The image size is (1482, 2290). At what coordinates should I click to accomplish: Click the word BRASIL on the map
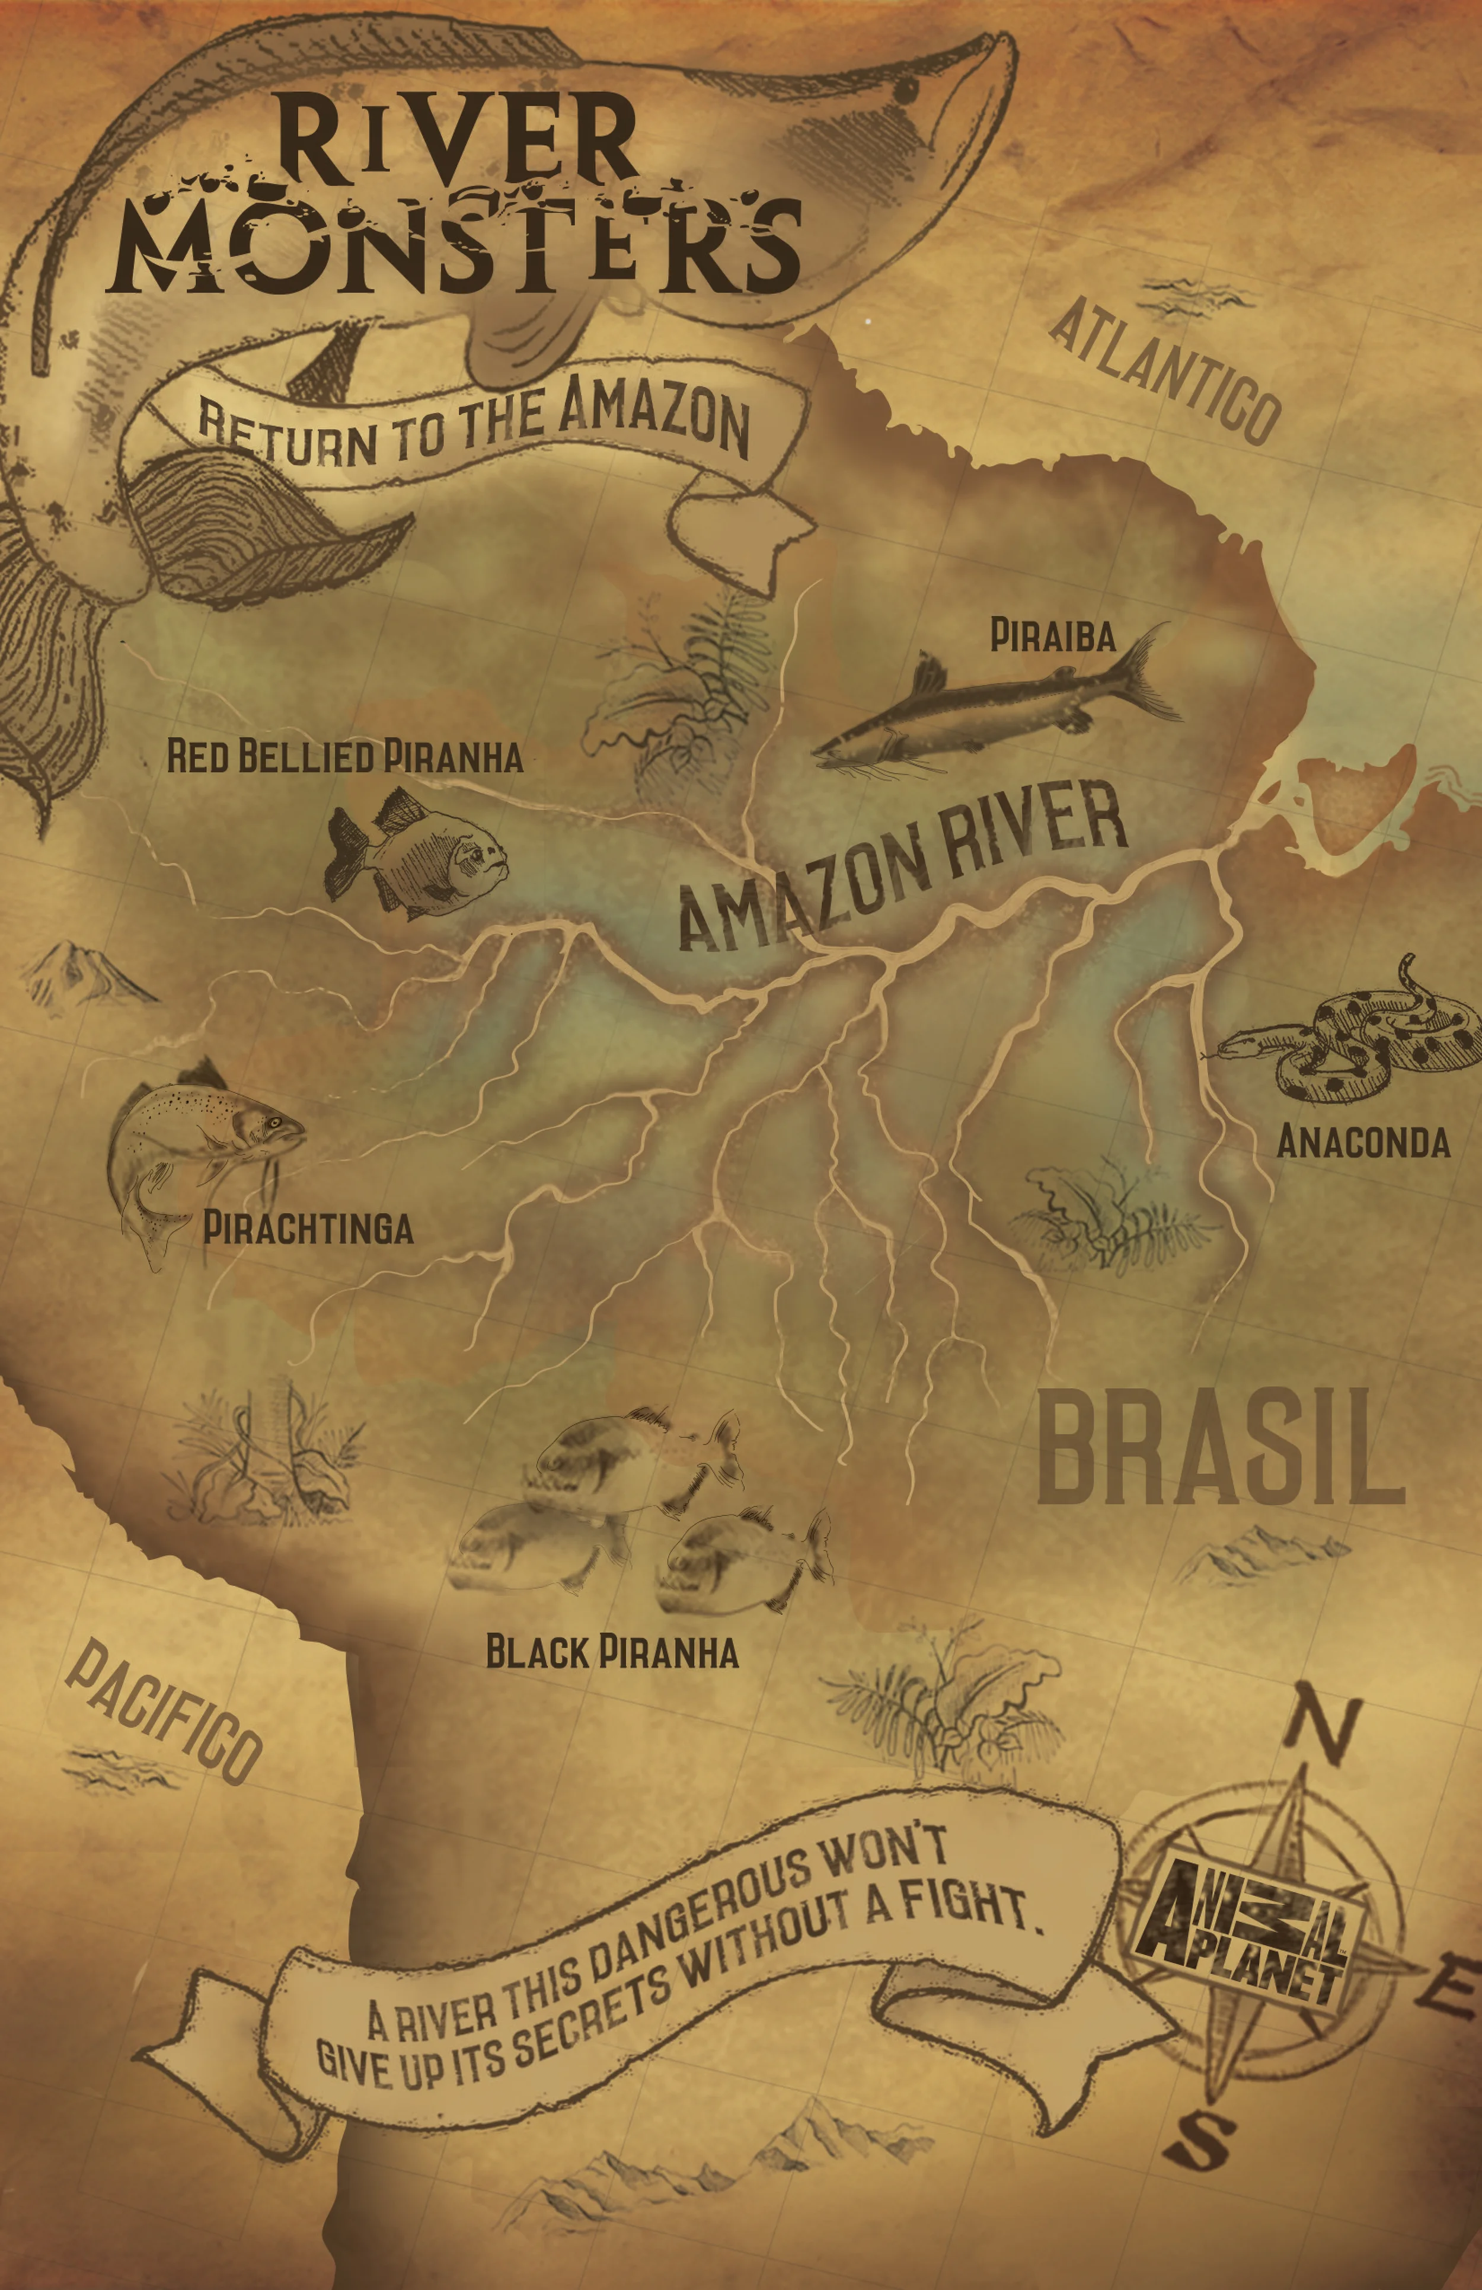(1219, 1454)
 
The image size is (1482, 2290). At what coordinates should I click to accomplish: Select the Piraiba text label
(1053, 636)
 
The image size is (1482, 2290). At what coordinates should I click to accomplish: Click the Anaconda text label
(1363, 1142)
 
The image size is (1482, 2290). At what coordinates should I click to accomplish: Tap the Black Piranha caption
(612, 1652)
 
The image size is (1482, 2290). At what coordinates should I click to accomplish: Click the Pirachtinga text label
(308, 1228)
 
